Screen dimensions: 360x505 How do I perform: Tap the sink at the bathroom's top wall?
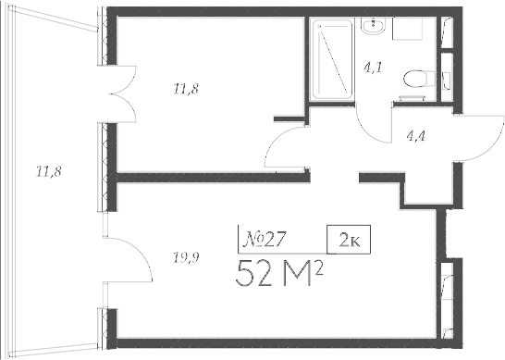coord(374,28)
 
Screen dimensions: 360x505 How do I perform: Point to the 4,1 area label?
coord(372,67)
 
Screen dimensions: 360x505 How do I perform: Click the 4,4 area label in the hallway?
coord(417,135)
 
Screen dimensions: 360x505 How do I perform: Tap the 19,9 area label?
coord(185,257)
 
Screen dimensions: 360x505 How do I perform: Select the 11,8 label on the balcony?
coord(48,170)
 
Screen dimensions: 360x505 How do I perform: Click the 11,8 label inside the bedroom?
coord(185,89)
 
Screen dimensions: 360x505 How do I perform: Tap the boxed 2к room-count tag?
coord(349,240)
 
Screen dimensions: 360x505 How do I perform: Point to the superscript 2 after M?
coord(326,267)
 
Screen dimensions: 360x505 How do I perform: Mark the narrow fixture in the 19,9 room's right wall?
coord(448,286)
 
